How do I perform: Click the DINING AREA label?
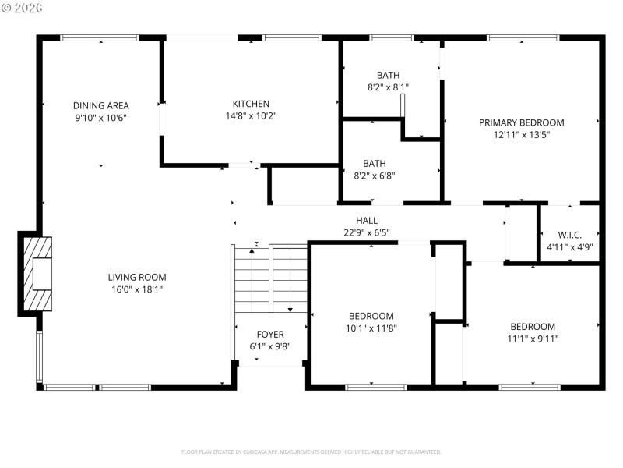pyautogui.click(x=100, y=105)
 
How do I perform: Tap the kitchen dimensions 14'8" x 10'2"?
pyautogui.click(x=251, y=115)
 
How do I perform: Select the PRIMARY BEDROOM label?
pyautogui.click(x=521, y=122)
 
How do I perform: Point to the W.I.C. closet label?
pyautogui.click(x=569, y=235)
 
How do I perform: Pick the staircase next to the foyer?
pyautogui.click(x=270, y=278)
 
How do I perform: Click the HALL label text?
pyautogui.click(x=366, y=221)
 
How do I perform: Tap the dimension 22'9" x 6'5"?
pyautogui.click(x=366, y=232)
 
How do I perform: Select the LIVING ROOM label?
pyautogui.click(x=136, y=277)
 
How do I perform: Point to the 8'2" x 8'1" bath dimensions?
pyautogui.click(x=388, y=88)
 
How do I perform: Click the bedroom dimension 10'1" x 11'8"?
pyautogui.click(x=371, y=328)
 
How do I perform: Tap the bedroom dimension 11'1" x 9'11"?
pyautogui.click(x=533, y=339)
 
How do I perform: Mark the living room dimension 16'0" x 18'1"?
pyautogui.click(x=136, y=289)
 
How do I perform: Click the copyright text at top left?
pyautogui.click(x=23, y=8)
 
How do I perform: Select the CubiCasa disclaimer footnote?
pyautogui.click(x=311, y=452)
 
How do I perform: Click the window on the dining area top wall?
pyautogui.click(x=100, y=37)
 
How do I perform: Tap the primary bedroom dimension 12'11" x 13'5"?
pyautogui.click(x=521, y=134)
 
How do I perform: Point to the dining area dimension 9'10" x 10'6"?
pyautogui.click(x=100, y=117)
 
